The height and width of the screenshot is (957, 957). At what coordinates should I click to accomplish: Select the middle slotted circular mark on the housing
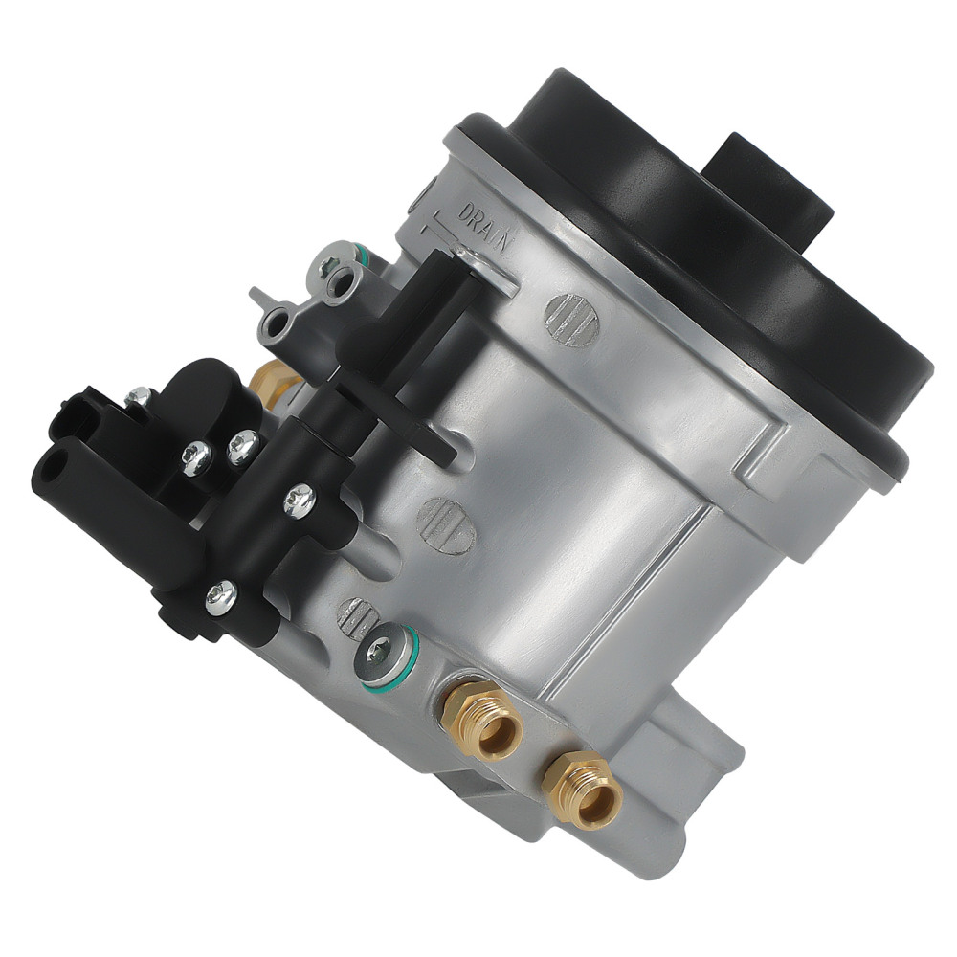(446, 524)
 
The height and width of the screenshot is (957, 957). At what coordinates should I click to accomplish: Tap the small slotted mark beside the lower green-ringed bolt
(356, 617)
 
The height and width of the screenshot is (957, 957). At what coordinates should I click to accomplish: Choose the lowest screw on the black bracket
(222, 598)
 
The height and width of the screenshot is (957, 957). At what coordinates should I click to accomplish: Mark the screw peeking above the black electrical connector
(140, 394)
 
